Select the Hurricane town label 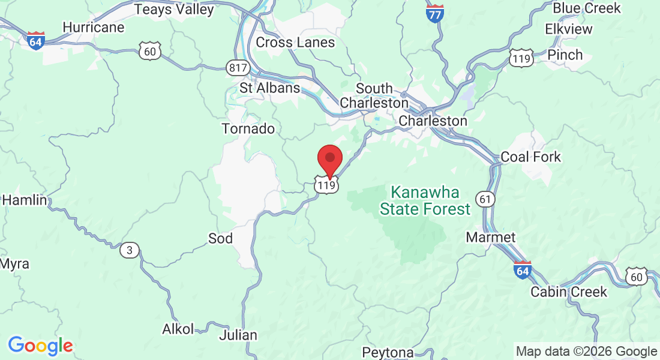pos(93,28)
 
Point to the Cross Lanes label pos(295,43)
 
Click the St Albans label pos(269,88)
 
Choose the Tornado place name pos(248,129)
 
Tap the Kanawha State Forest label pos(425,201)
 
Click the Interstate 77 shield pos(435,13)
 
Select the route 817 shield pos(238,67)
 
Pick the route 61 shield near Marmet pos(485,197)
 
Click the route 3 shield pos(130,250)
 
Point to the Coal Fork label pos(530,157)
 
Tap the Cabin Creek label pos(569,292)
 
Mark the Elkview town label pos(568,29)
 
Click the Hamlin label pos(24,200)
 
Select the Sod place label pos(220,239)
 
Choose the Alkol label pos(178,329)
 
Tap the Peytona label pos(388,352)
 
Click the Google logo pos(40,346)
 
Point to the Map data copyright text pos(586,352)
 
